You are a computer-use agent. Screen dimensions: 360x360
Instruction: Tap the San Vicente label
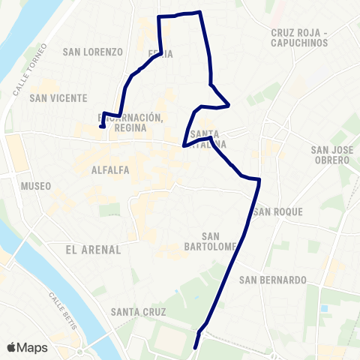coord(58,98)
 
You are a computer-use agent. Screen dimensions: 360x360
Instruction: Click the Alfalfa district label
coord(110,170)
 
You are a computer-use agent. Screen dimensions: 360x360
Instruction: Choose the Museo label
coord(36,186)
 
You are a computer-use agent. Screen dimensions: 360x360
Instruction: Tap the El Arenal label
coord(88,248)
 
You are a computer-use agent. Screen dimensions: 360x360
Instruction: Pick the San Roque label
coord(278,212)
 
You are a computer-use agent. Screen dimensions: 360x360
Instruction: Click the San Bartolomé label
coord(210,241)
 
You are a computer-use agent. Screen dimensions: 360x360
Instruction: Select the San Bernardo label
coord(273,280)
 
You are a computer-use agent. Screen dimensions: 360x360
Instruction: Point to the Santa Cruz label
coord(138,311)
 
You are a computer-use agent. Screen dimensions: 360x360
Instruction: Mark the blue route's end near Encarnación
coord(101,127)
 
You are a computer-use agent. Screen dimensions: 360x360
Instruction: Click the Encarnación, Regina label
coord(130,122)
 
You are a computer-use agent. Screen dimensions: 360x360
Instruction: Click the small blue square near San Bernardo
coord(324,308)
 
